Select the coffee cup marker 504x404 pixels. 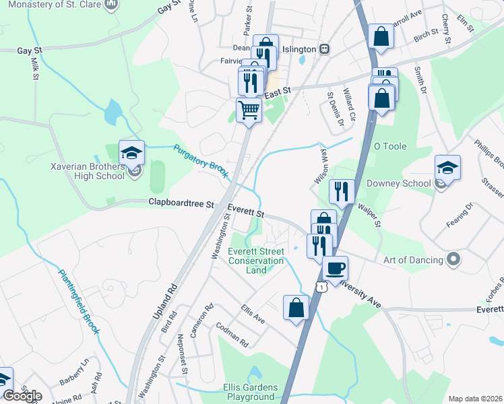(335, 269)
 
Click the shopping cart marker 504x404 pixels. (249, 110)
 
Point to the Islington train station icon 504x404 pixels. (324, 48)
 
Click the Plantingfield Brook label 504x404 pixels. (79, 302)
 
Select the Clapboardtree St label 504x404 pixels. (181, 203)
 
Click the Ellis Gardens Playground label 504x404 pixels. (249, 392)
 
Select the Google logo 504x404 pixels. (22, 396)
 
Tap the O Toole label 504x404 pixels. (387, 146)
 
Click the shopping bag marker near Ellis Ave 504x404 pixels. (296, 308)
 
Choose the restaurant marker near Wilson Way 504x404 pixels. (342, 192)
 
